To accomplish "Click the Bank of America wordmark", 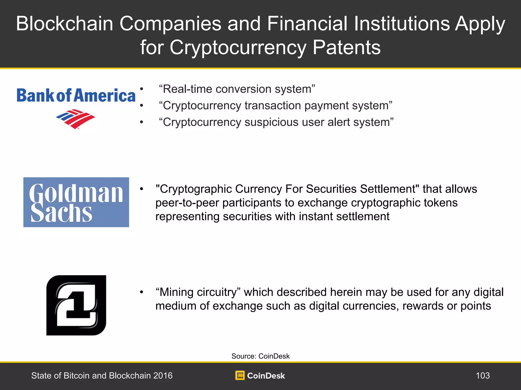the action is pos(76,95).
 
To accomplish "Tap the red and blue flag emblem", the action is pos(76,119).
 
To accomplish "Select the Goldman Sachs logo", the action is pos(76,202).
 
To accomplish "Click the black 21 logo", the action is pos(76,305).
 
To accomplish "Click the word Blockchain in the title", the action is pos(65,24).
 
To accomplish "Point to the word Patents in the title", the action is pos(346,47).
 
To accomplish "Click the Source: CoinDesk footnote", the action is pos(260,356).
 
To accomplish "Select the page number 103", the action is pos(483,376).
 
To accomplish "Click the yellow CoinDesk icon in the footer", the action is pos(240,376).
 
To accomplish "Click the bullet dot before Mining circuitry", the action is pos(141,292).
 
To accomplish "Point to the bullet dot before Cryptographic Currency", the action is pos(141,189).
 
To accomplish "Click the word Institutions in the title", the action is pos(402,24).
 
